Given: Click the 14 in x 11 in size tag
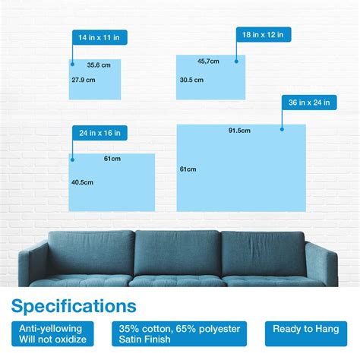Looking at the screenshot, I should click(99, 36).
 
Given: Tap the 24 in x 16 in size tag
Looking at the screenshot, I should click(99, 133).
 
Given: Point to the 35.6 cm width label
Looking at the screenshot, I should click(99, 65).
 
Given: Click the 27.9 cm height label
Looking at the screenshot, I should click(84, 80).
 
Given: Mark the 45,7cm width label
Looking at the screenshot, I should click(208, 61).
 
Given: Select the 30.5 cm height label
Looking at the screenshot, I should click(191, 80).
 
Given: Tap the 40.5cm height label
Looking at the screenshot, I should click(82, 182).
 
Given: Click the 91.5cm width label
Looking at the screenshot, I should click(239, 131).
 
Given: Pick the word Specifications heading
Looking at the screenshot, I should click(74, 306).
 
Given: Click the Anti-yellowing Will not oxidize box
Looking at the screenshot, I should click(54, 333).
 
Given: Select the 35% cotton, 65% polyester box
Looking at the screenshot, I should click(180, 333).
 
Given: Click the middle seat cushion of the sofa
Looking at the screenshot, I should click(178, 280).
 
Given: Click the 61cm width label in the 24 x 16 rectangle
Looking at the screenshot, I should click(112, 159).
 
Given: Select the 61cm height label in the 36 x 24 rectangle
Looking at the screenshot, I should click(188, 169).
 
